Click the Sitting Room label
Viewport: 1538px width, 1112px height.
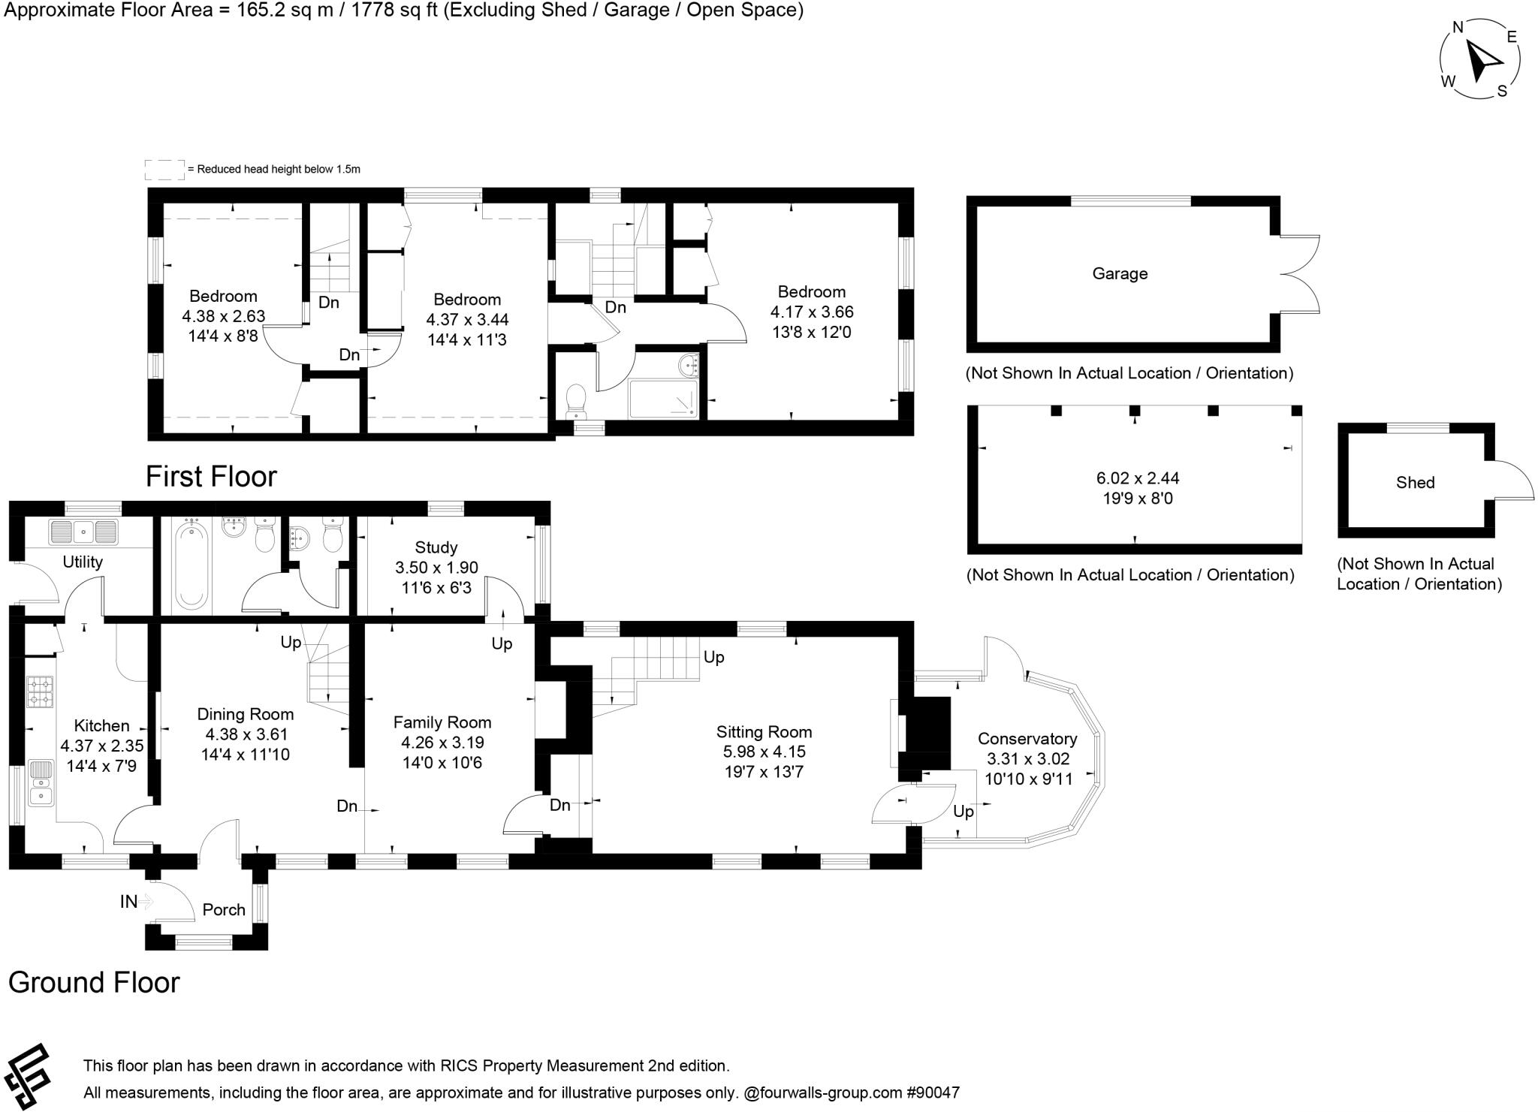coord(764,732)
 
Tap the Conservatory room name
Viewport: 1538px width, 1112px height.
coord(1027,739)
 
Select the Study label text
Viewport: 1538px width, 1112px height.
coord(436,547)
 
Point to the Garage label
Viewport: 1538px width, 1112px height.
coord(1120,274)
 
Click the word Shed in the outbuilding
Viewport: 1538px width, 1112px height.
coord(1415,483)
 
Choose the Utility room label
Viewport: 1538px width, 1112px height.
coord(83,562)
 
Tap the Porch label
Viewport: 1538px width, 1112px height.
coord(224,910)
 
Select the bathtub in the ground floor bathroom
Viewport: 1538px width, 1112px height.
coord(191,565)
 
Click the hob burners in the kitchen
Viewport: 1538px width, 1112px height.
coord(41,692)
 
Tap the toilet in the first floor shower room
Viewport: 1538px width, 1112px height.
coord(576,402)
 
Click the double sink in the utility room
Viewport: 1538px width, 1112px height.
coord(83,532)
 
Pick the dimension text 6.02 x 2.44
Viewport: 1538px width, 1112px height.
coord(1138,478)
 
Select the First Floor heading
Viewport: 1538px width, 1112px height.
coord(211,477)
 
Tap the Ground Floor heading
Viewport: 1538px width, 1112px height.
coord(94,983)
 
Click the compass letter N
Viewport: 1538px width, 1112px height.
coord(1458,28)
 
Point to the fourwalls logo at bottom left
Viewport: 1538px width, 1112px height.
coord(26,1076)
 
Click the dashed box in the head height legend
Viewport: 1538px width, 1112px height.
coord(164,170)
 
